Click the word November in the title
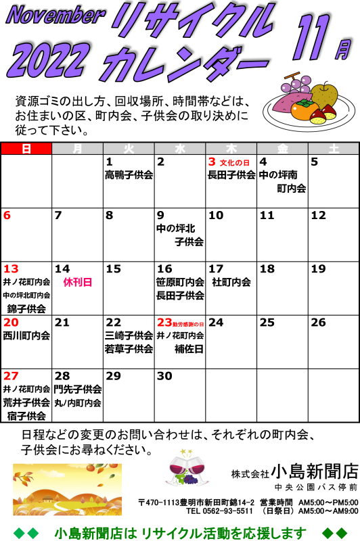tap(55, 16)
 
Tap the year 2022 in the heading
tap(47, 60)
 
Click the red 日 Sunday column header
tap(26, 149)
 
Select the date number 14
tap(62, 268)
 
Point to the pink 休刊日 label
tap(78, 282)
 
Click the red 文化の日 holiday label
tap(234, 162)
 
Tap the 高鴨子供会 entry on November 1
tap(129, 175)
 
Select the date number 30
tap(164, 376)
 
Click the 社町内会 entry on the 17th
tap(231, 282)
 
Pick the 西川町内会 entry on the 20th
tap(26, 335)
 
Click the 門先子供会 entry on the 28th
tap(78, 390)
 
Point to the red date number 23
tap(164, 323)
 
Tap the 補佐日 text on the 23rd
tap(189, 349)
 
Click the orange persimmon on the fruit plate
tap(304, 110)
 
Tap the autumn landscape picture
tap(67, 489)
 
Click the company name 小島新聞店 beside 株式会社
tap(315, 471)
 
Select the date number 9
tap(160, 215)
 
